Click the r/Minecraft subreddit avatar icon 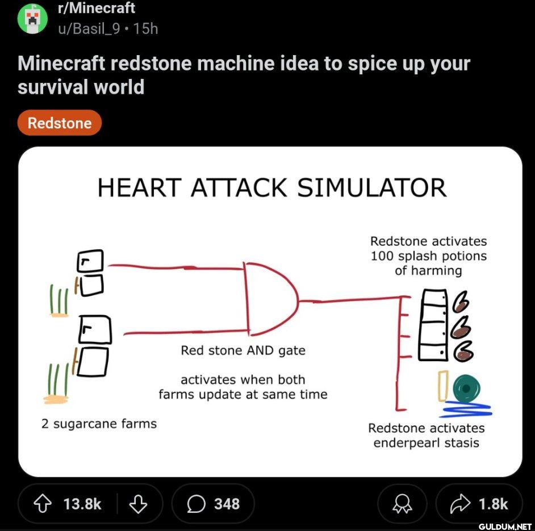(32, 18)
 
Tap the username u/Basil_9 (89, 28)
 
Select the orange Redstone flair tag (60, 123)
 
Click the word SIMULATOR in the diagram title (371, 187)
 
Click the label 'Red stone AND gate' (243, 350)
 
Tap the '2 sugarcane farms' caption (99, 423)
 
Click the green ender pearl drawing (466, 388)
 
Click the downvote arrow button (137, 504)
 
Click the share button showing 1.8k (479, 504)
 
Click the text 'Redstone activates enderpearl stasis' (426, 435)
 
